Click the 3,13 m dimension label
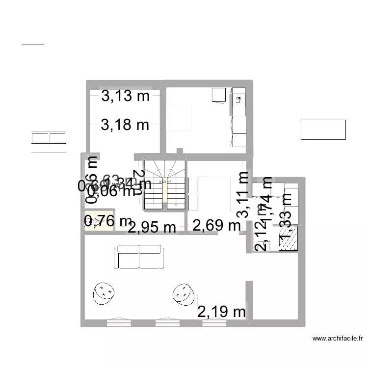[x=125, y=96]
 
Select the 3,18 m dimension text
[x=125, y=125]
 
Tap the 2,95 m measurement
[x=152, y=227]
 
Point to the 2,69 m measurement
[x=216, y=226]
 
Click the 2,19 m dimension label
[x=221, y=311]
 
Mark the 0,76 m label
[x=108, y=221]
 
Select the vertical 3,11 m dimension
[x=242, y=194]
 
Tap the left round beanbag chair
[x=104, y=293]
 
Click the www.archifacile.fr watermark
[x=337, y=338]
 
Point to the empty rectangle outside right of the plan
[x=323, y=130]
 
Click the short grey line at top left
[x=33, y=45]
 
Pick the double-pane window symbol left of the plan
[x=49, y=137]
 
